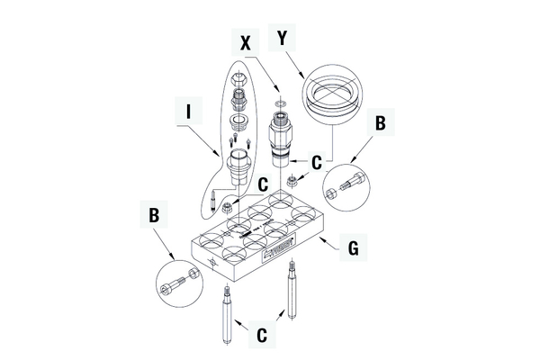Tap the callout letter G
tap(354, 247)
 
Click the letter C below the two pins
tap(261, 335)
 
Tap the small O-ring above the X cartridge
tap(279, 103)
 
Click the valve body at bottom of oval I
tap(238, 169)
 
